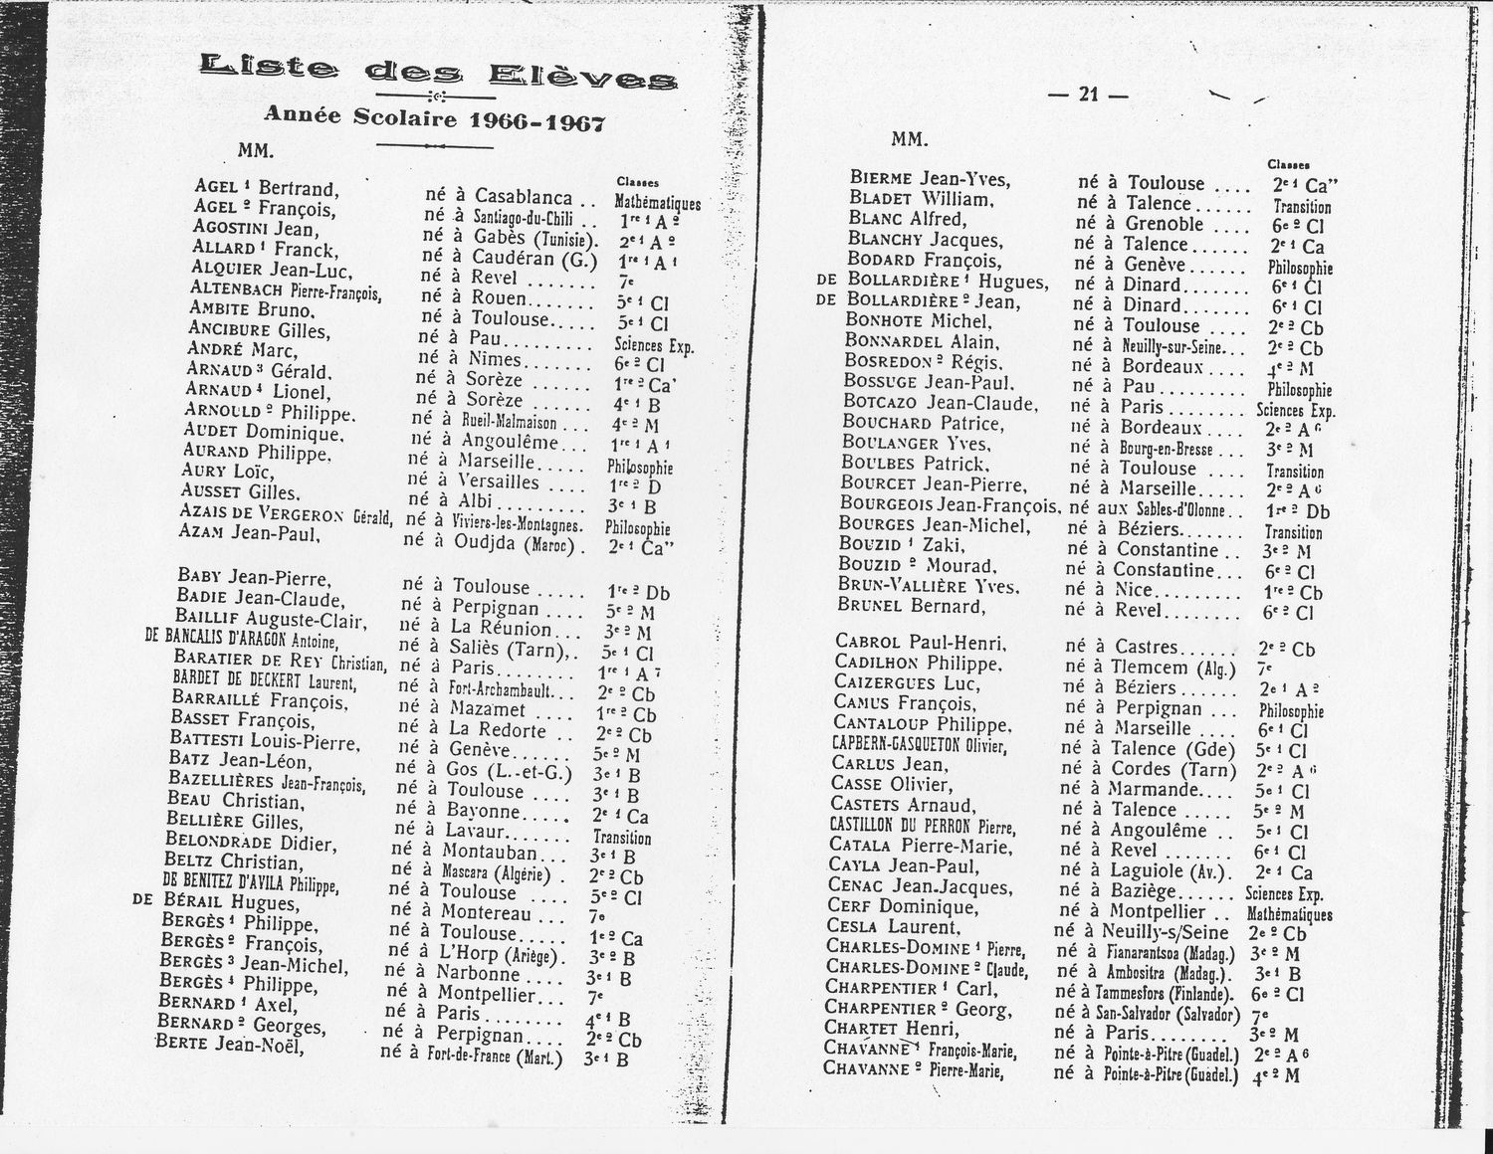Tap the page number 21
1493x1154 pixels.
pos(1088,95)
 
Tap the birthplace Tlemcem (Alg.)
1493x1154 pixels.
pos(1173,668)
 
